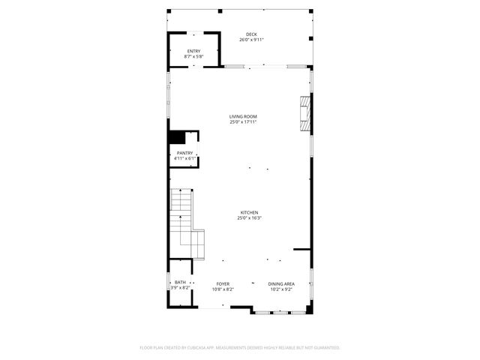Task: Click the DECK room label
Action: [250, 34]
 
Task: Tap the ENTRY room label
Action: [193, 51]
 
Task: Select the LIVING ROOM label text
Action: [243, 116]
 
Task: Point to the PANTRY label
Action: [184, 153]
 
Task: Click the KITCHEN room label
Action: [250, 212]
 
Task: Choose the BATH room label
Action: [181, 283]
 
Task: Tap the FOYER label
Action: [223, 283]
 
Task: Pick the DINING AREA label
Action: [281, 283]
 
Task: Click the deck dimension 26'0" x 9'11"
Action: [250, 40]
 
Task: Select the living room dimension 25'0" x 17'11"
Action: [243, 122]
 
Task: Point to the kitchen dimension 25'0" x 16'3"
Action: [250, 218]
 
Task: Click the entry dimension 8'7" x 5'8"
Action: [193, 57]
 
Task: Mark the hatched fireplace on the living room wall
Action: [304, 112]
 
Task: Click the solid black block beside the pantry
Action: [177, 137]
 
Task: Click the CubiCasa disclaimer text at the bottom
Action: [240, 347]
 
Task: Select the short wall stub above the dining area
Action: [302, 249]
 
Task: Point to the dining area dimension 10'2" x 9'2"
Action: [281, 289]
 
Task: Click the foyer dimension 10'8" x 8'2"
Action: [223, 289]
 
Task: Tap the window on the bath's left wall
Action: [169, 283]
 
